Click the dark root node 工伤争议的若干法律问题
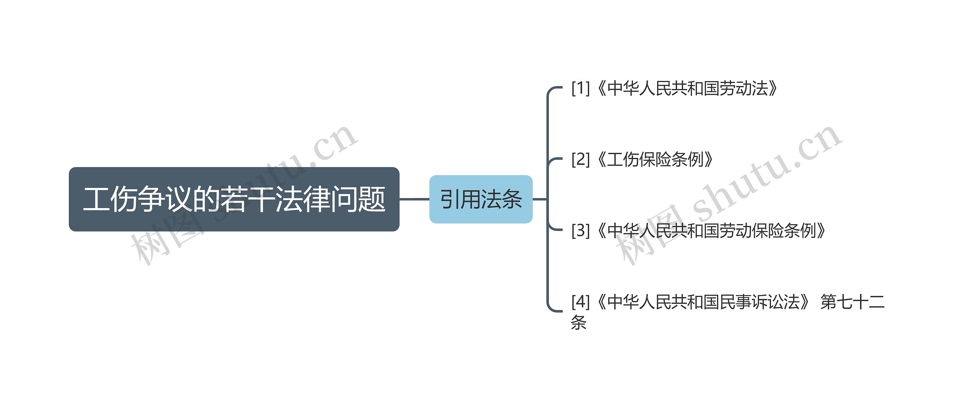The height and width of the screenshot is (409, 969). [234, 199]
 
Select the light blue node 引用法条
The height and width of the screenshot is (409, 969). [481, 199]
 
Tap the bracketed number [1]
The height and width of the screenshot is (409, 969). [581, 88]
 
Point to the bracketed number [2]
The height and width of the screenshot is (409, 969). [581, 159]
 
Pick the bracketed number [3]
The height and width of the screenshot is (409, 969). [581, 231]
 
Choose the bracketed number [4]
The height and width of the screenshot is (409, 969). [581, 302]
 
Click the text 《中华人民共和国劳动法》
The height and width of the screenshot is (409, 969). [686, 88]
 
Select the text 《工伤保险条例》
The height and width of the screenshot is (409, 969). [654, 159]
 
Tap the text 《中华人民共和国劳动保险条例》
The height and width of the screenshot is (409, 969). [710, 231]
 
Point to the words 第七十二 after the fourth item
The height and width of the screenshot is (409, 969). [852, 302]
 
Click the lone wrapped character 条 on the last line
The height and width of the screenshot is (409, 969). [578, 322]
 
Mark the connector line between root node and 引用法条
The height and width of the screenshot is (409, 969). [414, 199]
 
